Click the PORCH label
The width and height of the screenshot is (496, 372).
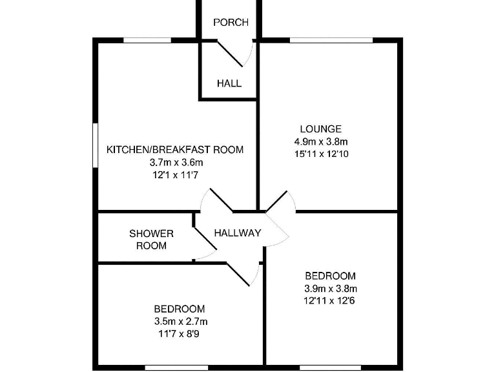(231, 23)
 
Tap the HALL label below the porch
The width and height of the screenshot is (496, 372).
(229, 83)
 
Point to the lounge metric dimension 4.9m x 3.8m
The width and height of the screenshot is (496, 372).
(321, 141)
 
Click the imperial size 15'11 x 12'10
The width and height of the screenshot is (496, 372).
(321, 154)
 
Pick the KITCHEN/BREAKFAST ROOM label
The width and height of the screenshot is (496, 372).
(175, 150)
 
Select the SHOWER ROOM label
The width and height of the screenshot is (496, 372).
(151, 239)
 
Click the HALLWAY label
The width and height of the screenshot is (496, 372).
(238, 233)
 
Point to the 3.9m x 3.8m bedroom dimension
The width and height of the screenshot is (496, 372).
(330, 289)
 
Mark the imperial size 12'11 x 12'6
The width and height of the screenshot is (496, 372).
(330, 300)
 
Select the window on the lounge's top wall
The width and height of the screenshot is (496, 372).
(331, 41)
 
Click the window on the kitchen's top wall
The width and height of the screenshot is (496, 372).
(147, 41)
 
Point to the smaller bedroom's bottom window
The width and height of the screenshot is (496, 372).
(169, 368)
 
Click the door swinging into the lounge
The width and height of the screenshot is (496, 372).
(280, 201)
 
